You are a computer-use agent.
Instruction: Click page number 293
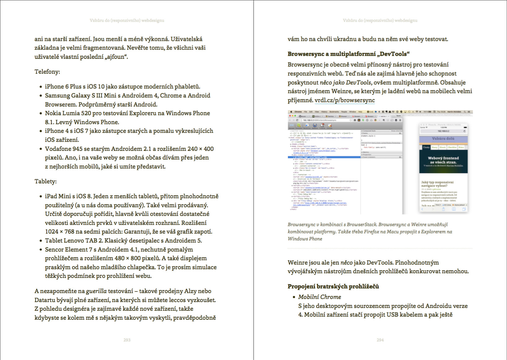127,340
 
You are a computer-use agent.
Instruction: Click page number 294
380,340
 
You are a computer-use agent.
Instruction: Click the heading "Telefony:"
47,72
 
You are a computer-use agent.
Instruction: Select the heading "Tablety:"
45,181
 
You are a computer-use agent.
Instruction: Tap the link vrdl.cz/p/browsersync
344,100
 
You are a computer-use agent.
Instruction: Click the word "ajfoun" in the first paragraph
116,57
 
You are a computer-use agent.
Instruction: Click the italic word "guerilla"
96,291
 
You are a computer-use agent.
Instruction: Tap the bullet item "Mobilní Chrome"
319,297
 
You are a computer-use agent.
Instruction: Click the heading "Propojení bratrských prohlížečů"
333,286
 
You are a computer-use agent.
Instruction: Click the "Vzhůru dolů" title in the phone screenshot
443,138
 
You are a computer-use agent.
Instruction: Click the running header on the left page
127,20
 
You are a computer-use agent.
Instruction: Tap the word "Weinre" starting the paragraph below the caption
298,262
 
